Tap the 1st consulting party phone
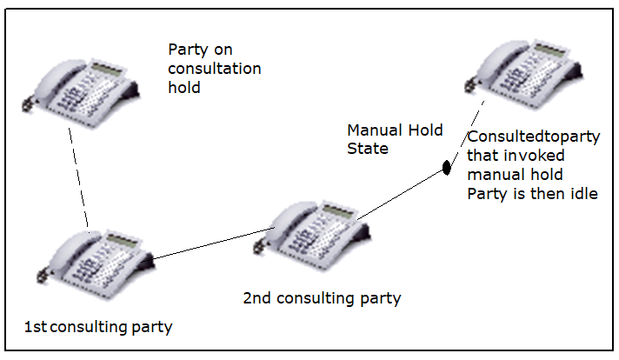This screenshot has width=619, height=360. pos(96,263)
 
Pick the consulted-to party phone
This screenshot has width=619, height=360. pos(524,73)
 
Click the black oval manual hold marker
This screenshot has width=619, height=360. pos(447,167)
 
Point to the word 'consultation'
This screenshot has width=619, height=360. pos(215,69)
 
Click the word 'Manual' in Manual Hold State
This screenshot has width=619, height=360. pos(375,130)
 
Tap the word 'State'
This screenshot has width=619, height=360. pos(368,149)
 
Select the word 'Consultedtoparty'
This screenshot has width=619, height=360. pos(533,137)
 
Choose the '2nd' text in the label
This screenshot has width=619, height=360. pos(256,298)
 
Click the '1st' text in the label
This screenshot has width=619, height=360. pos(36,327)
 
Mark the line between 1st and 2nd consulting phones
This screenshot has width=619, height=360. pos(213,243)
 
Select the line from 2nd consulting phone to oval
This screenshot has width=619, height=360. pos(400,194)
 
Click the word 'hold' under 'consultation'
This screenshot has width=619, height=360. pos(184,87)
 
